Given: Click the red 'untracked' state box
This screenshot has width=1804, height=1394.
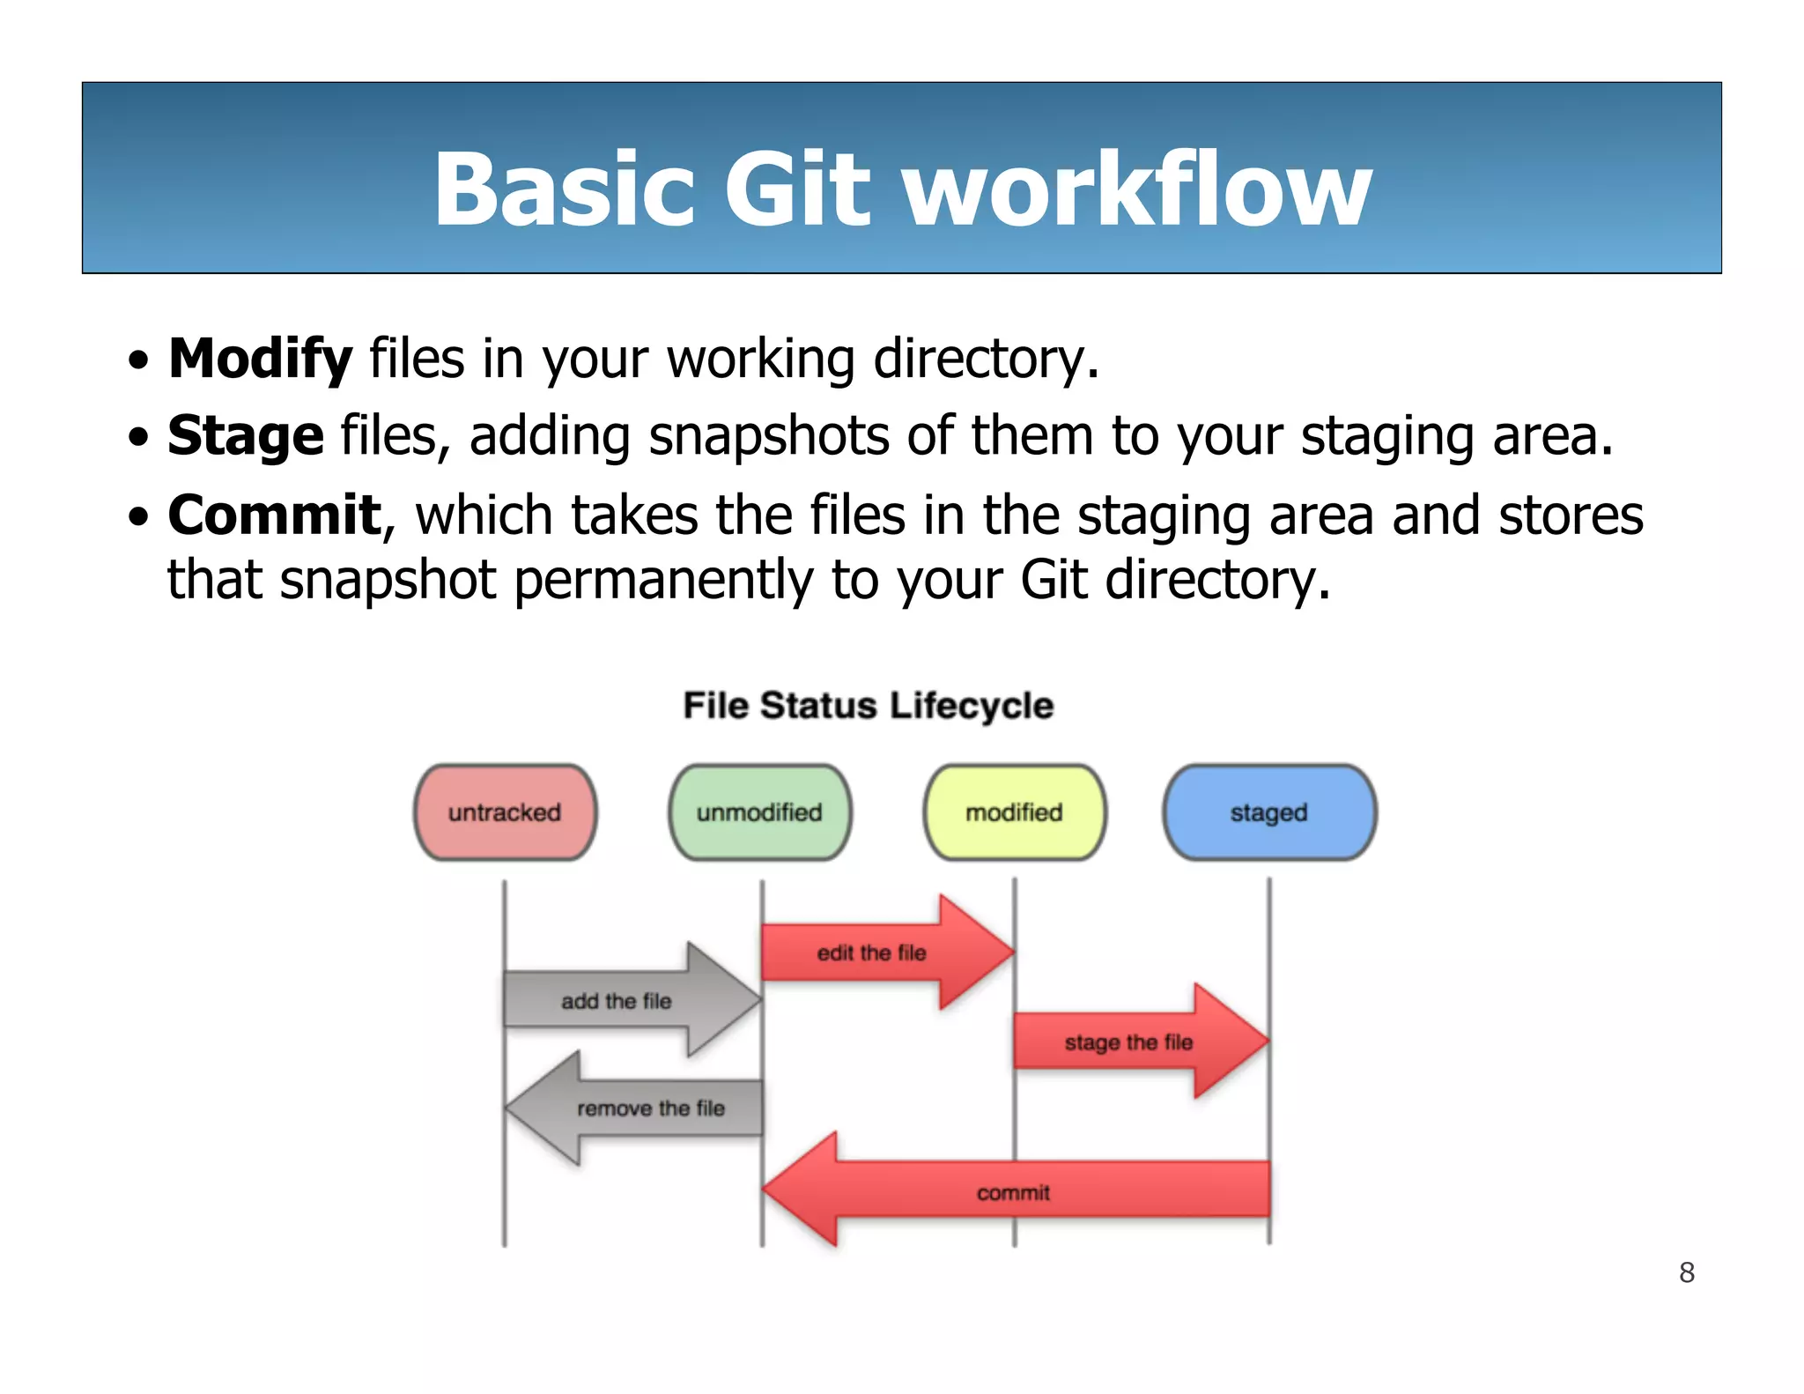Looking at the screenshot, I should [505, 812].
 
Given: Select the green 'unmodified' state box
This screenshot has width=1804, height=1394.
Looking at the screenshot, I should [759, 812].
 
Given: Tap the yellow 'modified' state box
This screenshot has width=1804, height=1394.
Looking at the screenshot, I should [1014, 812].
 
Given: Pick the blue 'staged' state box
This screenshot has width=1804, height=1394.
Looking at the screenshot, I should [1268, 812].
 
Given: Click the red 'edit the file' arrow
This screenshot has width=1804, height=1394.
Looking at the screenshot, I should [872, 953].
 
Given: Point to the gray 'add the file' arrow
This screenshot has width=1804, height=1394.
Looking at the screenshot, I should [617, 1001].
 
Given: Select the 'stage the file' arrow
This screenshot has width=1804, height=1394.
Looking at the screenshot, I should [1128, 1042].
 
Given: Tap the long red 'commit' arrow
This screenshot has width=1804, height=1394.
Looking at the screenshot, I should [1013, 1192].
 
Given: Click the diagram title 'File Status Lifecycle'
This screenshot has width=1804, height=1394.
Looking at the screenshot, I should [869, 706].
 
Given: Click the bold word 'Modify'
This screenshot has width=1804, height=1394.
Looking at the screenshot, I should [260, 359].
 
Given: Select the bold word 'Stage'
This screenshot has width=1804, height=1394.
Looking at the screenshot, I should [246, 435].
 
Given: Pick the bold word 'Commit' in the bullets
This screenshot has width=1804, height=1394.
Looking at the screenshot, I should [275, 515].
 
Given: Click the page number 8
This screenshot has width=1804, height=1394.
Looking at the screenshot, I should [1686, 1272].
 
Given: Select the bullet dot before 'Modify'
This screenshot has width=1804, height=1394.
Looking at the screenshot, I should [138, 360].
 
